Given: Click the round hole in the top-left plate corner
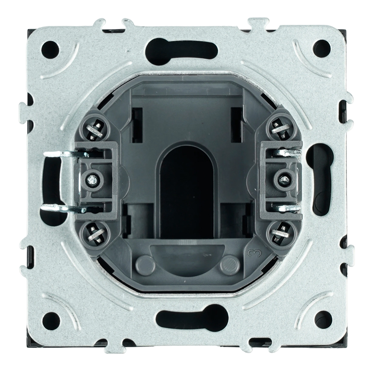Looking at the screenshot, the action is [x=50, y=50].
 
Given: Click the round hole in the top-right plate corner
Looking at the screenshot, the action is [x=322, y=48].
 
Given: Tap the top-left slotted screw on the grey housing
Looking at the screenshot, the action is [x=94, y=130].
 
